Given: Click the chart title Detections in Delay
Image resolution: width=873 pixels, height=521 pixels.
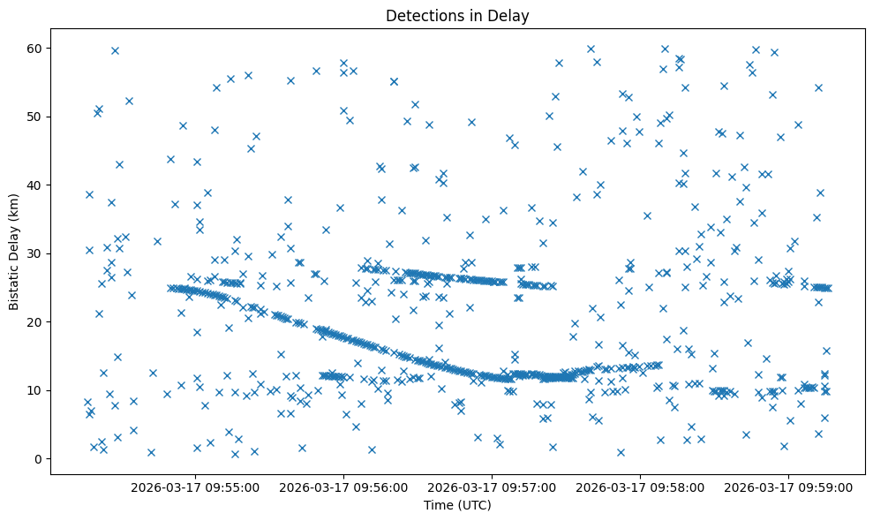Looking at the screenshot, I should pyautogui.click(x=457, y=15).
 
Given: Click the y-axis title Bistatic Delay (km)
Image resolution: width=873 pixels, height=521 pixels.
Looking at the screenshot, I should pyautogui.click(x=14, y=253).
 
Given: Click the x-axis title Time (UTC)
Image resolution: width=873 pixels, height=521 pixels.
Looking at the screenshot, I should pyautogui.click(x=457, y=505).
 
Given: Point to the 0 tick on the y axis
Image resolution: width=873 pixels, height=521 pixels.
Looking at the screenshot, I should pyautogui.click(x=38, y=459).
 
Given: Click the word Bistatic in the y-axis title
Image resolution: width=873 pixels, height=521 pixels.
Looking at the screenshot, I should pyautogui.click(x=14, y=286).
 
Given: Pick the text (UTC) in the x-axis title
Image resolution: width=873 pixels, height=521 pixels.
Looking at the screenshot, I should pyautogui.click(x=473, y=505).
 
